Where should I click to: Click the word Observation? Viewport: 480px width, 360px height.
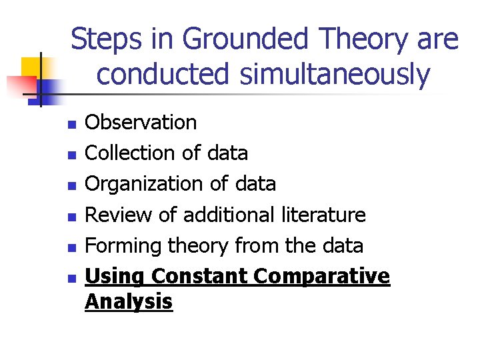pos(141,123)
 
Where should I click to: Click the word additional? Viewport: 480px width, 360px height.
pos(229,215)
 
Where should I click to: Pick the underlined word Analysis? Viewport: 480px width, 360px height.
pos(129,302)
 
